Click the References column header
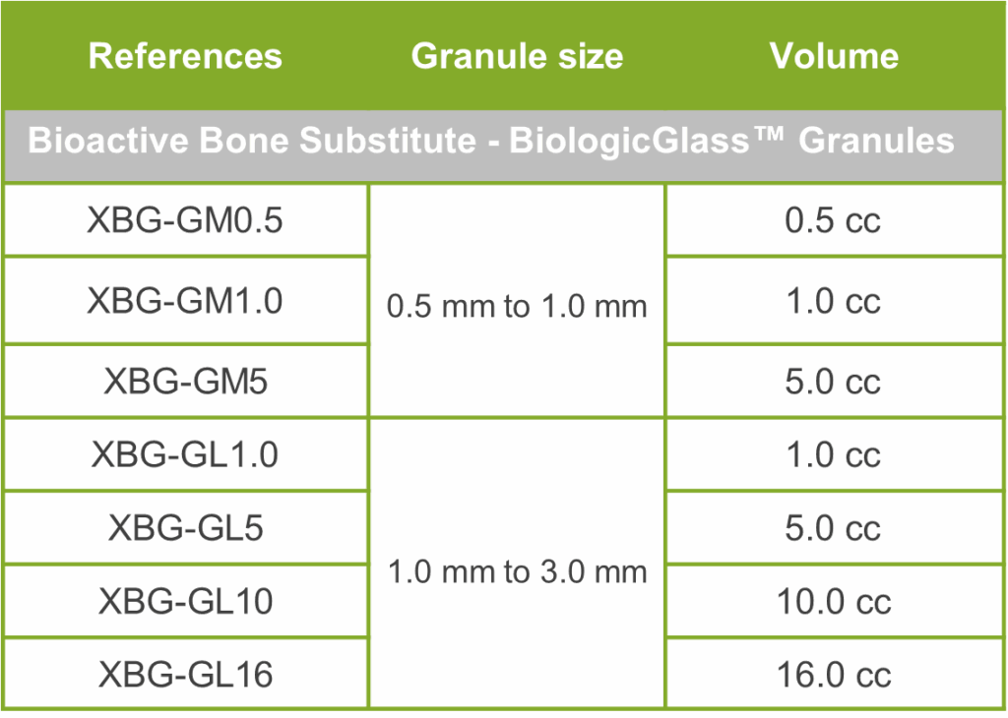185,56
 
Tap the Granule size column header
517,56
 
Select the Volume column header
834,56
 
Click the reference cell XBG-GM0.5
185,220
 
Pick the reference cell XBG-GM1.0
185,301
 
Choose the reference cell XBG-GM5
185,382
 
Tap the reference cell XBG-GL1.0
185,454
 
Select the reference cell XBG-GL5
185,528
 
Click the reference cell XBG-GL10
185,601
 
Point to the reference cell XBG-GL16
185,675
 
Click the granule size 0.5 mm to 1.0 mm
517,306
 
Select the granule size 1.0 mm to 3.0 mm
517,571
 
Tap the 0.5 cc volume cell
833,220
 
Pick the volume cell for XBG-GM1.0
833,301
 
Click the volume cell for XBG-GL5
833,528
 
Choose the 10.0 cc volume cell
834,601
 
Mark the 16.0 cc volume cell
834,675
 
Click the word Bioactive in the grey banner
108,140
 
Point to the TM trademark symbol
768,133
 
